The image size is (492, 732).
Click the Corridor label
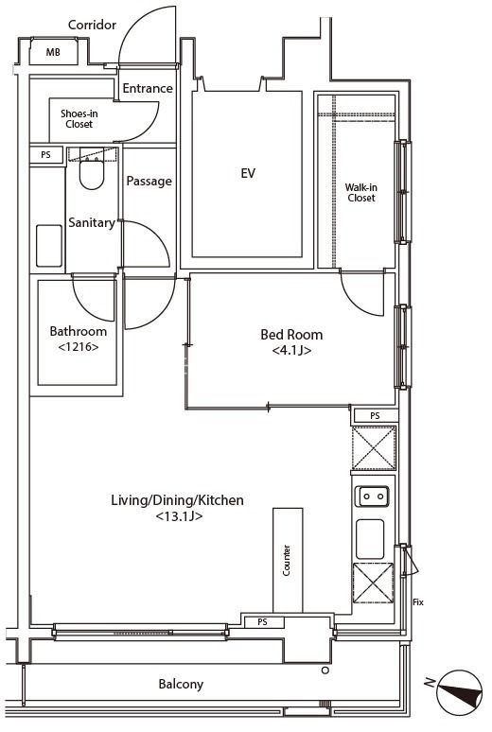[92, 25]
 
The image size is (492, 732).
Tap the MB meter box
[53, 52]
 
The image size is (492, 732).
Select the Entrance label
[148, 88]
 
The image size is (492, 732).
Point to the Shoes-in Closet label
[79, 118]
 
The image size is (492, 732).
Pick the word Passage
[149, 182]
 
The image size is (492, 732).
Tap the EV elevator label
[248, 173]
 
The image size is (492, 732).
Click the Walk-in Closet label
[361, 192]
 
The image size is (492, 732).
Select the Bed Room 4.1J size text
[291, 350]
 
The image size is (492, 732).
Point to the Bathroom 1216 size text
[79, 347]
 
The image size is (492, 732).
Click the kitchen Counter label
[287, 560]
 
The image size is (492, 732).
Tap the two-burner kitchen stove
[372, 497]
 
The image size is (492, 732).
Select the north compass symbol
[459, 693]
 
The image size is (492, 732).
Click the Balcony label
[181, 685]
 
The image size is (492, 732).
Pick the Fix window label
[418, 602]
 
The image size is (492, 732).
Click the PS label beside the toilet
[45, 154]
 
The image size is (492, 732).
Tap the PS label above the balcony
[263, 622]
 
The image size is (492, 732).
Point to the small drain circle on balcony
[325, 671]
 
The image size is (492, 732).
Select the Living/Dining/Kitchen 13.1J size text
[179, 516]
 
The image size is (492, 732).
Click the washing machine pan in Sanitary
[49, 246]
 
